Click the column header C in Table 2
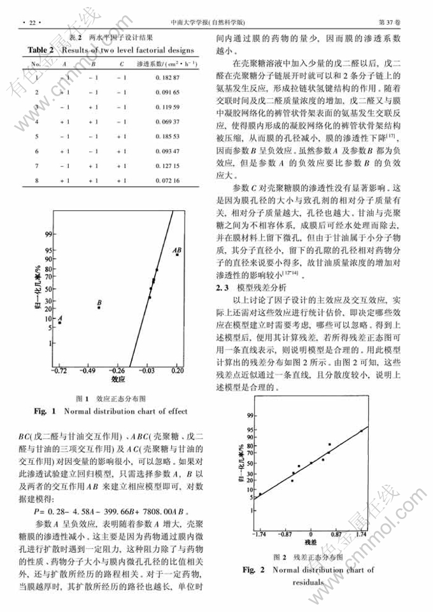coord(122,64)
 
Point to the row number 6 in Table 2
coord(37,151)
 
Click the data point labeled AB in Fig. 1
coord(177,255)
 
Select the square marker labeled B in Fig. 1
coord(99,308)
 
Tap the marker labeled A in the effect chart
coord(59,323)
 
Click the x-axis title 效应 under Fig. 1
coord(118,379)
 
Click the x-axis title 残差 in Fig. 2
coord(310,542)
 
